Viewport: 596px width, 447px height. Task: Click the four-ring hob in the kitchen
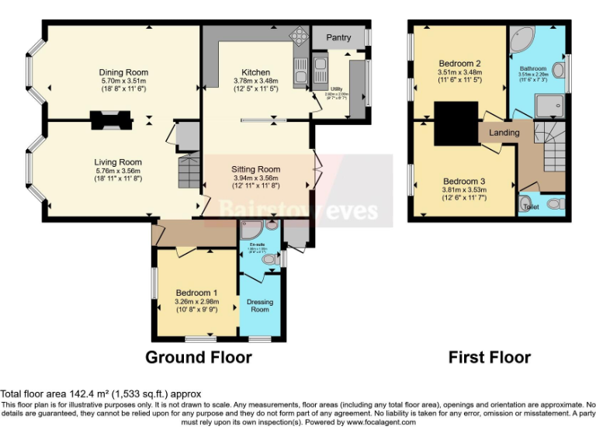297,36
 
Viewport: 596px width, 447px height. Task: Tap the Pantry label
338,37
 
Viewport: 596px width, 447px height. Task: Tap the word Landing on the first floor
504,133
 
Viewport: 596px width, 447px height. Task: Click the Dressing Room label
259,306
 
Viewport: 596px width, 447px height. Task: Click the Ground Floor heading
199,358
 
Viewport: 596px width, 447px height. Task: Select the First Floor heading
489,358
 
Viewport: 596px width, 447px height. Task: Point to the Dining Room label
123,72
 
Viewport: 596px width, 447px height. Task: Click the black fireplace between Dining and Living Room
109,120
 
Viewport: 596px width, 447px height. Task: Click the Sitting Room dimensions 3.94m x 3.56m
255,178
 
